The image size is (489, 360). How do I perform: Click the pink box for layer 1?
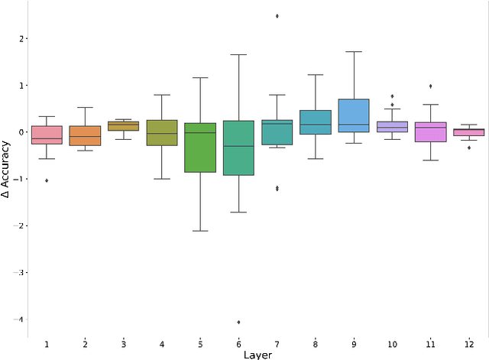[47, 135]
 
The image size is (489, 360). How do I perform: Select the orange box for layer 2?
[85, 135]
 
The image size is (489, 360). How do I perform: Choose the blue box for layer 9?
[354, 115]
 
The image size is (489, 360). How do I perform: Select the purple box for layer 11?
[430, 131]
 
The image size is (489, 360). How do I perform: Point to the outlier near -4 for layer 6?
[238, 322]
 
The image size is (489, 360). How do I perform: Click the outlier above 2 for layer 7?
[277, 15]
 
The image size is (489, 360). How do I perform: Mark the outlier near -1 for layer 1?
[47, 180]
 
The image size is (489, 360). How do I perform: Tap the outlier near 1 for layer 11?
[430, 86]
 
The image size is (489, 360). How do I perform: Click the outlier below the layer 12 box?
[469, 148]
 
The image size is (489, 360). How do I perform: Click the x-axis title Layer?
[257, 355]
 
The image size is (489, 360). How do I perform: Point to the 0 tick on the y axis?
[22, 132]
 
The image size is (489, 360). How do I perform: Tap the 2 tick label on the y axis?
[22, 38]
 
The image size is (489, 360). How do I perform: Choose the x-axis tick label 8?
[315, 344]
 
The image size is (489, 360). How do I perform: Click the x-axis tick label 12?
[468, 344]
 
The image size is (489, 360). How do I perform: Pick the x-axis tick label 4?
[162, 344]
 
